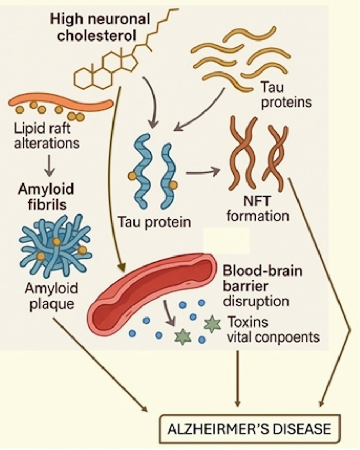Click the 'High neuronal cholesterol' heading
(x=100, y=28)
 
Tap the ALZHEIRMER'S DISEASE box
(x=249, y=428)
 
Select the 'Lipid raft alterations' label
(x=47, y=135)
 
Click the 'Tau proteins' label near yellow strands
(x=284, y=94)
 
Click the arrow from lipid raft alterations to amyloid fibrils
(x=48, y=165)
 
